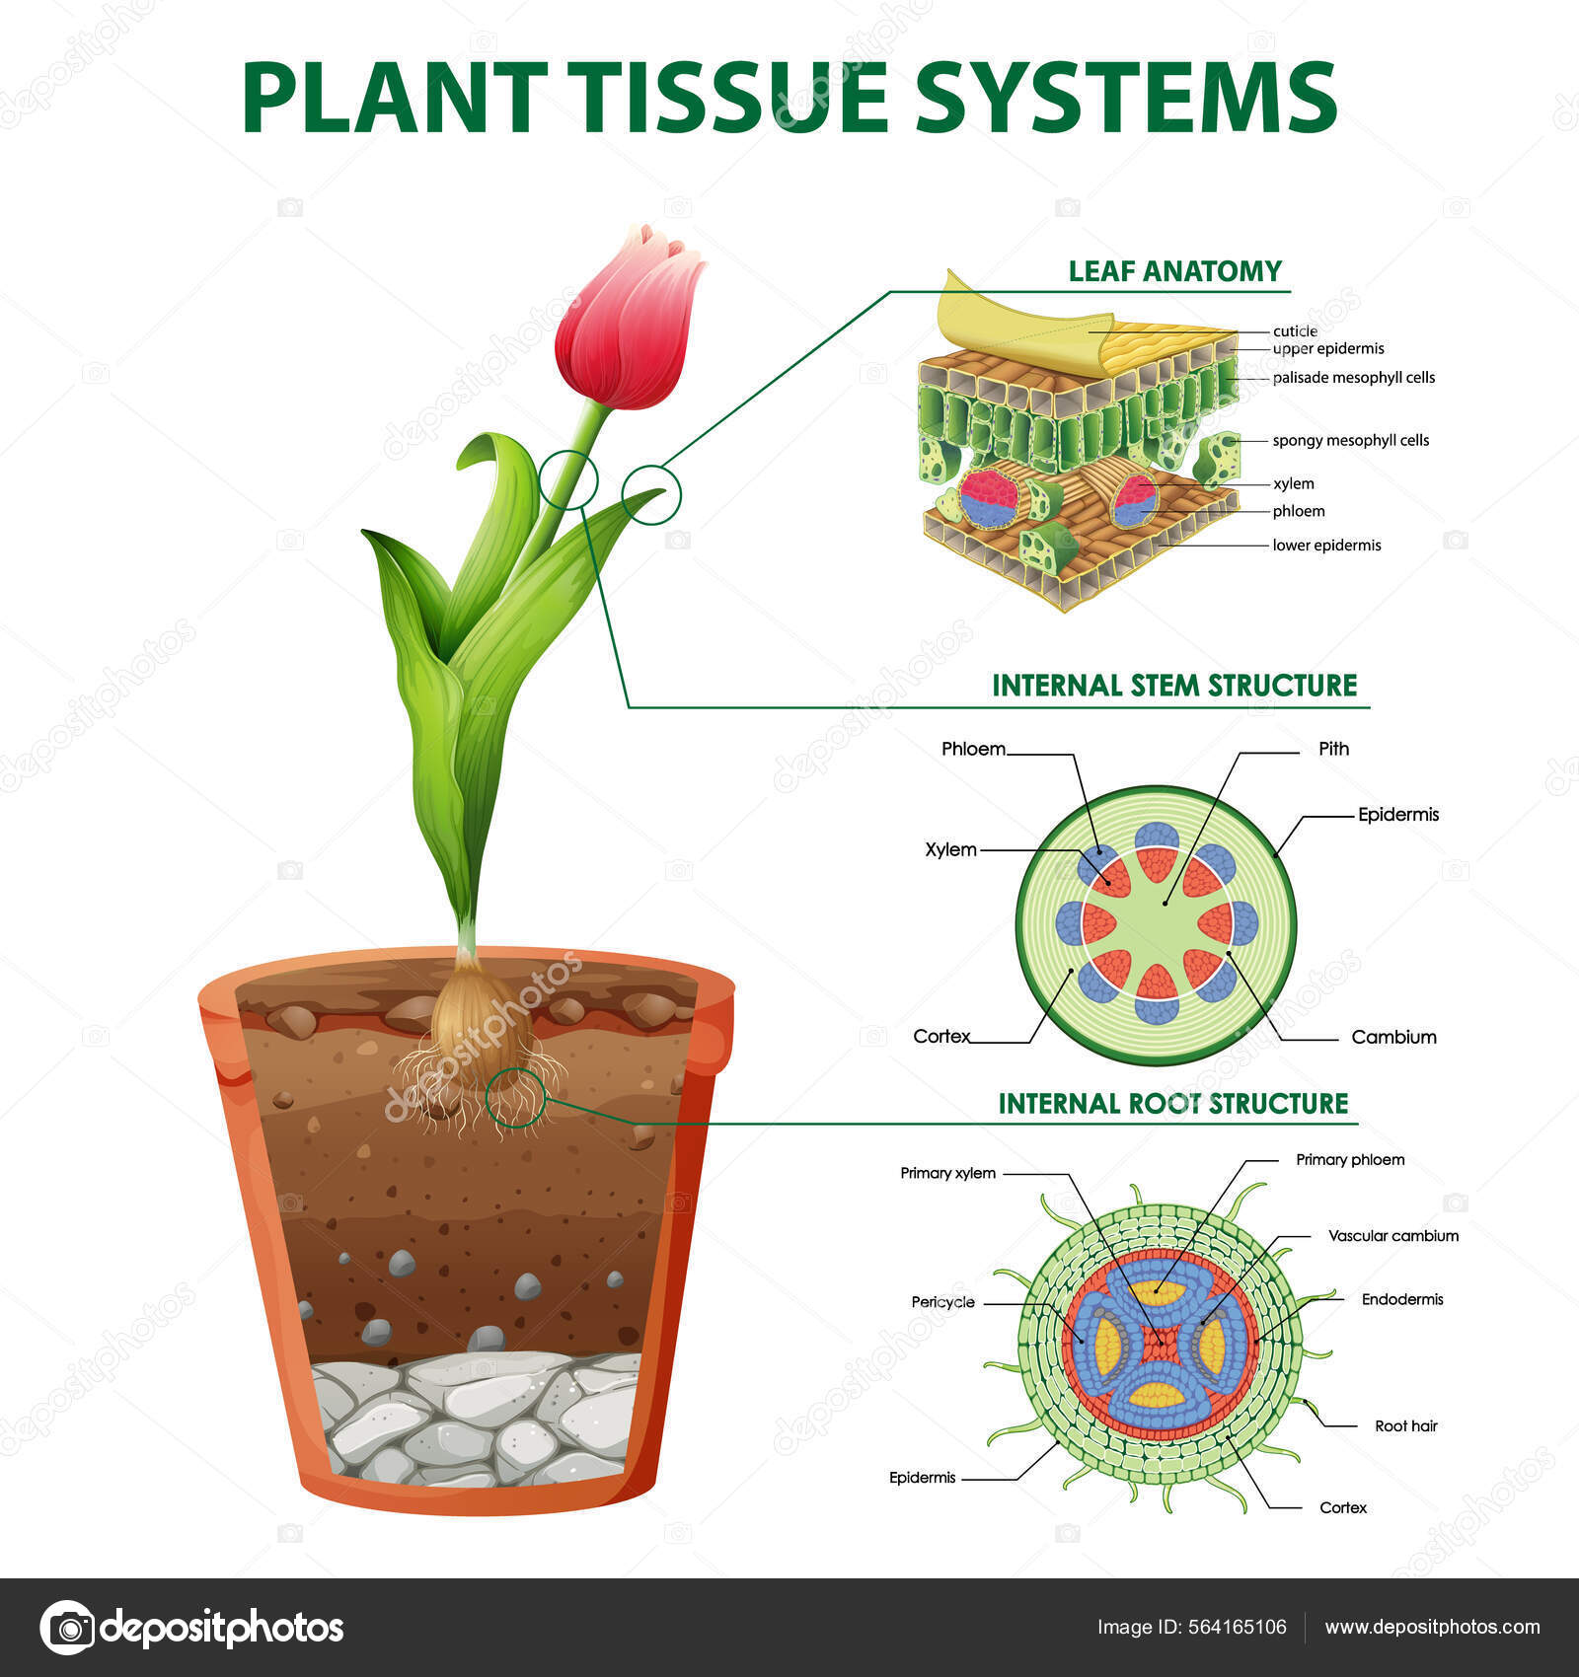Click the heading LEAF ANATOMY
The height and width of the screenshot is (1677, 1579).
click(1174, 271)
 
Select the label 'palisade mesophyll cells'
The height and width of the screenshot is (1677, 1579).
click(1353, 378)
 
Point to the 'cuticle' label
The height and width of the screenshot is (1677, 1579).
click(1295, 331)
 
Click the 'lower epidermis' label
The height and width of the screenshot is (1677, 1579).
click(1326, 546)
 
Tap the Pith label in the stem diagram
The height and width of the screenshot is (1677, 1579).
click(1333, 749)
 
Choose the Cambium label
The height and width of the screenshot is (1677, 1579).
click(1393, 1037)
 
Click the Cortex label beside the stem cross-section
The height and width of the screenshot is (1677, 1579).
click(941, 1036)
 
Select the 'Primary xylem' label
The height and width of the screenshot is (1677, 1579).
click(947, 1173)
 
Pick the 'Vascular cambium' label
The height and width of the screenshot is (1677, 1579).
click(1392, 1236)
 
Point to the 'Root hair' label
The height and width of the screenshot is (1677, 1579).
click(1405, 1425)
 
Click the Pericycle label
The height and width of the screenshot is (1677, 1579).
click(942, 1302)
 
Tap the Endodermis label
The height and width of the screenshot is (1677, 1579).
click(1401, 1299)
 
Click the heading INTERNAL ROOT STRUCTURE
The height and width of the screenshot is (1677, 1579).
click(1172, 1103)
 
